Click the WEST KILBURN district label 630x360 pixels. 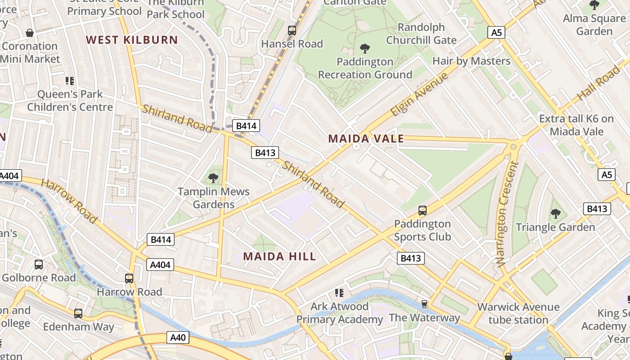coord(132,40)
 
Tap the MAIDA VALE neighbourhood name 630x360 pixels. coord(366,139)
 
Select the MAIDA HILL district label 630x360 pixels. coord(279,256)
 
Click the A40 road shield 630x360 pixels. coord(178,337)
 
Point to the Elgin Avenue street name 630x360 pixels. coord(419,94)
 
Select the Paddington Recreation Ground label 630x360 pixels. coord(365,68)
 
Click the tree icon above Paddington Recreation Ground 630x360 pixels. coord(365,48)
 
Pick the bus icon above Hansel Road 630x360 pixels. coord(292,31)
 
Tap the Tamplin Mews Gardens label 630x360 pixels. coord(213,198)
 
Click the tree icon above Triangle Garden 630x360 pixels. coord(556,213)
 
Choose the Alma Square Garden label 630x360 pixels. coord(594,25)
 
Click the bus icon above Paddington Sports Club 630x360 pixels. coord(422,210)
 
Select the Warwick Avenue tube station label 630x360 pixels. coord(518,314)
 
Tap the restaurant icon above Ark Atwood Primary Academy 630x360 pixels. coord(339,293)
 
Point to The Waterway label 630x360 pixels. coord(424,318)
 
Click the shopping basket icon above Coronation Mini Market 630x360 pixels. coord(30,33)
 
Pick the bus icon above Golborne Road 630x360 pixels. coord(39,264)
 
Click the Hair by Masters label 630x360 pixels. coord(471,61)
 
